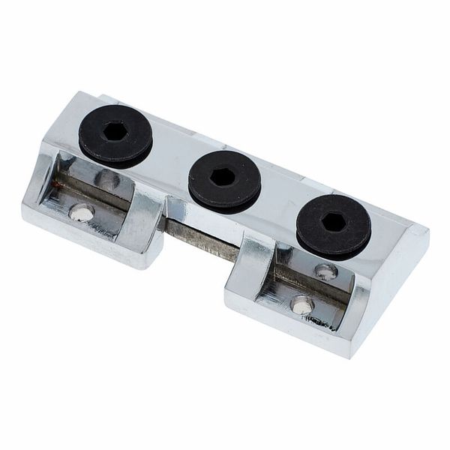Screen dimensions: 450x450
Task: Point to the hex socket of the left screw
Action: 115,131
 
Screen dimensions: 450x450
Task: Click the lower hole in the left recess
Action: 82,213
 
